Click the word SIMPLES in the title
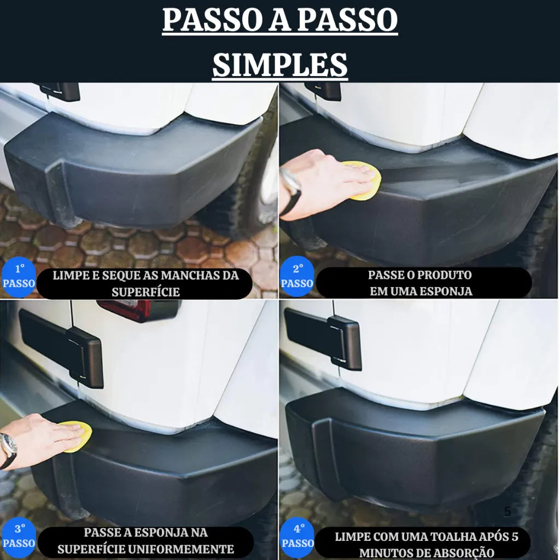click(x=280, y=65)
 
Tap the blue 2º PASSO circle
click(x=297, y=277)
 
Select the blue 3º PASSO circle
click(x=19, y=536)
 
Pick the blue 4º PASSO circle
click(x=297, y=536)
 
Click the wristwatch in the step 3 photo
click(x=8, y=446)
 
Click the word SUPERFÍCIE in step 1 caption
click(x=145, y=291)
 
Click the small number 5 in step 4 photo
click(x=507, y=511)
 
